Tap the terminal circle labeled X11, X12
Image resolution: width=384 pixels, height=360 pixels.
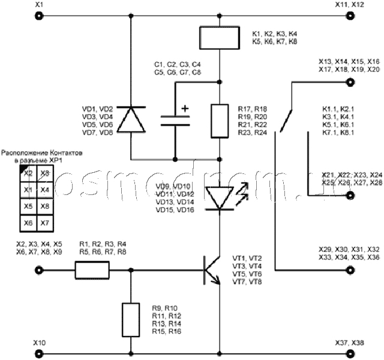point(349,18)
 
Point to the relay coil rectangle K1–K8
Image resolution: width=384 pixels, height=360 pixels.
point(220,38)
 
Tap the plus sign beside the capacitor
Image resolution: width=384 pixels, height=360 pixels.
point(185,109)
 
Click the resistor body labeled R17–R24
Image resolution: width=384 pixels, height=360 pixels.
point(220,120)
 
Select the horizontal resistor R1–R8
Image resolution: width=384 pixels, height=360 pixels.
point(92,271)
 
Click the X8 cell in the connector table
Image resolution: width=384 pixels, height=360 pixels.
point(44,206)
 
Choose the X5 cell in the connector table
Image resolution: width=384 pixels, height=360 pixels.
point(27,206)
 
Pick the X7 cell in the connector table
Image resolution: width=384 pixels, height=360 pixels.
point(44,223)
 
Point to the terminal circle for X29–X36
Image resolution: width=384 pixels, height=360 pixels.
point(349,271)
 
